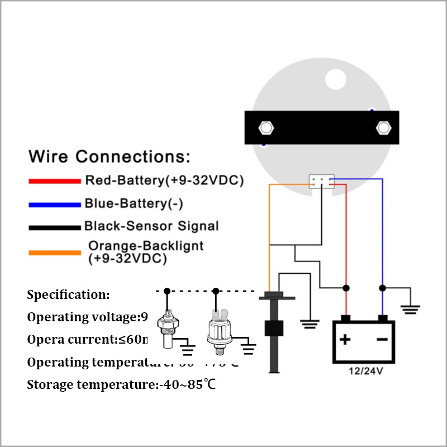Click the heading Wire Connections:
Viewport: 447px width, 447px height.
110,156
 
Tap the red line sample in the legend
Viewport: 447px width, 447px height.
55,181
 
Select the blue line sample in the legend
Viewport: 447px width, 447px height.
55,204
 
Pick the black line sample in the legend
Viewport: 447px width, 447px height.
55,227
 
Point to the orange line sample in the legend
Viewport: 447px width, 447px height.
55,253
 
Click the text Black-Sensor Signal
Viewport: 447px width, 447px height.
151,226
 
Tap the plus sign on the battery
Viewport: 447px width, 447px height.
346,339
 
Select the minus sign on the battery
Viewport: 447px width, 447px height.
382,339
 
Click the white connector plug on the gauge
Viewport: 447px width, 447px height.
321,181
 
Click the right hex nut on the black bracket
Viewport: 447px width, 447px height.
383,127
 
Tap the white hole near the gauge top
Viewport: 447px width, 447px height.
336,79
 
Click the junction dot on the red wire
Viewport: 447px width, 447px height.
346,288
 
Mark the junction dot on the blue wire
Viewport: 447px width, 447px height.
382,288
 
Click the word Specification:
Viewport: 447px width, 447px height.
69,295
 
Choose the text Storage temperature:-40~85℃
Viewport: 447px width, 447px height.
121,384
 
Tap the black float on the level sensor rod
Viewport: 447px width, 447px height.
273,328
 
